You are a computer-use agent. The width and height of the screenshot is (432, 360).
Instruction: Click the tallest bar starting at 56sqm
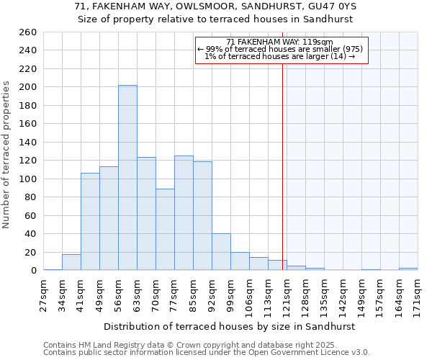pos(127,178)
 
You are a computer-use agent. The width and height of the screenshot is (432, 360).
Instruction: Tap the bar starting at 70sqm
pos(165,230)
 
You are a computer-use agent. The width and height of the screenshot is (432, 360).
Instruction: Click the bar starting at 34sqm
pos(71,263)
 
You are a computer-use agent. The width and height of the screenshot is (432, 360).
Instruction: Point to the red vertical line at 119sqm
pos(282,180)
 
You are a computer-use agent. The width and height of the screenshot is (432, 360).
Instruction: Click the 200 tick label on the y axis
pos(27,87)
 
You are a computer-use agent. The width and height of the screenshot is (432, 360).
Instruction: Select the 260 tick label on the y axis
pos(27,32)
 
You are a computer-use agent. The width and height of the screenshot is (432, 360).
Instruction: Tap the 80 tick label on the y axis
pos(30,197)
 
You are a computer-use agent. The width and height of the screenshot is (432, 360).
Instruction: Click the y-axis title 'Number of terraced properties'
pos(7,155)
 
